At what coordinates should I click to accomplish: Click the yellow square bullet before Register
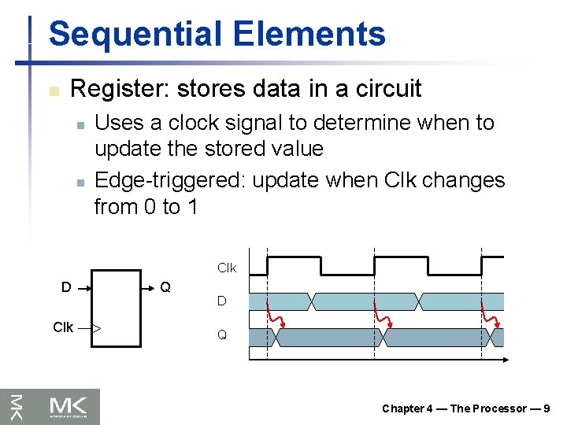tap(54, 91)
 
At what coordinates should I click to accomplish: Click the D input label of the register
tap(66, 287)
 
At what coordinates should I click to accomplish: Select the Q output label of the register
tap(165, 287)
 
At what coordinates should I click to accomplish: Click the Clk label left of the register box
tap(63, 327)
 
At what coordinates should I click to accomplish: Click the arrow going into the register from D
tap(85, 288)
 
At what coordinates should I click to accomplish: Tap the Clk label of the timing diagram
tap(226, 268)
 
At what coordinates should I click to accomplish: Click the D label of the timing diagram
tap(222, 301)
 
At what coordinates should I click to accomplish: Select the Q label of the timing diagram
tap(222, 334)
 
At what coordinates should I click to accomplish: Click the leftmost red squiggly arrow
tap(275, 315)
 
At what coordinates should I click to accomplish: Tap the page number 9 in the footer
tap(547, 408)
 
